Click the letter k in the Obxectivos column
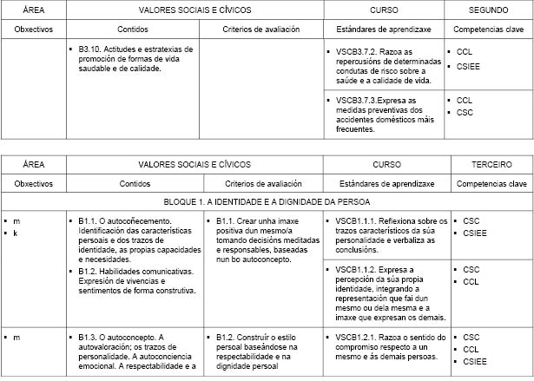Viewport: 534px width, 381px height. coord(16,233)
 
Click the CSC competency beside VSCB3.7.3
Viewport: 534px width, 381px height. coord(465,113)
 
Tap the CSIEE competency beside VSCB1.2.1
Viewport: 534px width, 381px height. coord(475,360)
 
